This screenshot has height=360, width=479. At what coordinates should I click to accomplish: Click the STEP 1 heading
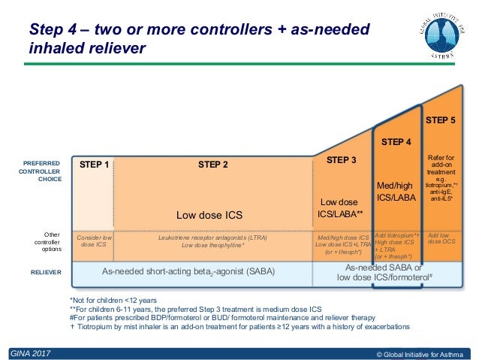click(94, 165)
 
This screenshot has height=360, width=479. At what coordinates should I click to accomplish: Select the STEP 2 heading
click(212, 165)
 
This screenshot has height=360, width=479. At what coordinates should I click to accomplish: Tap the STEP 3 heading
click(342, 160)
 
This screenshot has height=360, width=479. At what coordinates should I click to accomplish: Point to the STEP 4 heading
click(396, 141)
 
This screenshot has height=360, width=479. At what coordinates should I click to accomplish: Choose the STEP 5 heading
click(440, 120)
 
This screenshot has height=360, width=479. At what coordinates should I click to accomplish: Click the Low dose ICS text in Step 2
click(209, 215)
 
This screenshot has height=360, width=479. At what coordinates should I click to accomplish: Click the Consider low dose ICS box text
click(94, 241)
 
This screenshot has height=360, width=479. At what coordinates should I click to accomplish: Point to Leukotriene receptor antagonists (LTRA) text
click(212, 237)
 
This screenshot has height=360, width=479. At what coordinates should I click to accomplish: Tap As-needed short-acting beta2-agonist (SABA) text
click(188, 271)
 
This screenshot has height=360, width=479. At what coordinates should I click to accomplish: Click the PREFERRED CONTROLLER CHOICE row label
click(41, 171)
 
